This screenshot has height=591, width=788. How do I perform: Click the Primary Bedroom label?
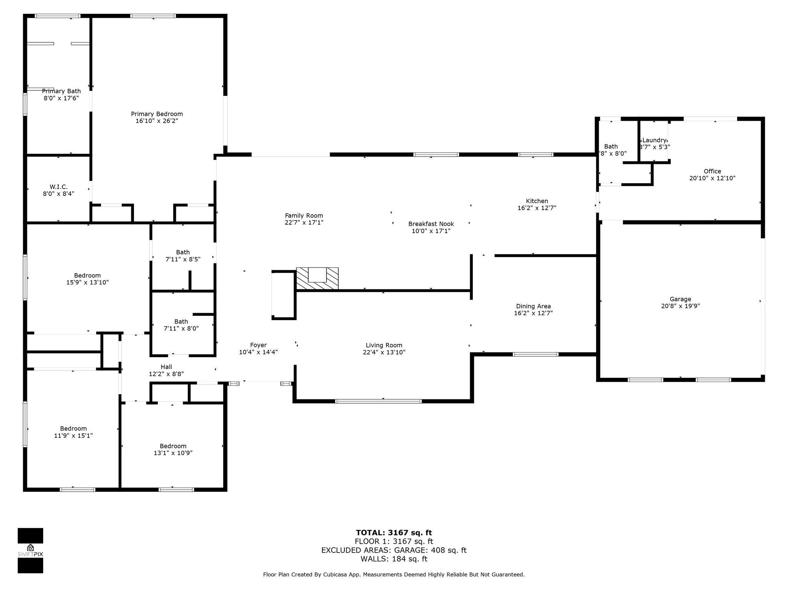point(157,114)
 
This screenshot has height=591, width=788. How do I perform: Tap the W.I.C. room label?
point(58,187)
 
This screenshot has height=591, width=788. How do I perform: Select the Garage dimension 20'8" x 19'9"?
point(680,306)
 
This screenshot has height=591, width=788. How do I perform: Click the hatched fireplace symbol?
point(317,278)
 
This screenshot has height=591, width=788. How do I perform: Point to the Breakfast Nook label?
point(431,224)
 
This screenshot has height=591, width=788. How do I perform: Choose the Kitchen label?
point(537,201)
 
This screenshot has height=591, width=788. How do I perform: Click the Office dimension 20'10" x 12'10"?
point(712,178)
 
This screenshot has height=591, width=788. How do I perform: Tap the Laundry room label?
point(654,140)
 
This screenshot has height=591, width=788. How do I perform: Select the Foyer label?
point(258,345)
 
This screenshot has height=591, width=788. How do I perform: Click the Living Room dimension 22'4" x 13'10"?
point(384,352)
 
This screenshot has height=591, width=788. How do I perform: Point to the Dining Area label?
point(533,306)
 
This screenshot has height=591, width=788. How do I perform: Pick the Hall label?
point(166,367)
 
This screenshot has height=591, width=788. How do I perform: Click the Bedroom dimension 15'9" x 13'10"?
point(87,282)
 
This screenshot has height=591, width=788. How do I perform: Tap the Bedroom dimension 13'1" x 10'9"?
point(173,453)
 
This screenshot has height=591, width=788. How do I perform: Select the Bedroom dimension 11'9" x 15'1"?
point(73,436)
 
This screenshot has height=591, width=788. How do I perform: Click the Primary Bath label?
point(61,91)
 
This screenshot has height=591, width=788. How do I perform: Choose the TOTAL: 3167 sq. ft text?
point(394,533)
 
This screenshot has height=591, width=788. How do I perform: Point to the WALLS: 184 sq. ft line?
point(394,559)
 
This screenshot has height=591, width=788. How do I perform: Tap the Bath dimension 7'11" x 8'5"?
point(183,259)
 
